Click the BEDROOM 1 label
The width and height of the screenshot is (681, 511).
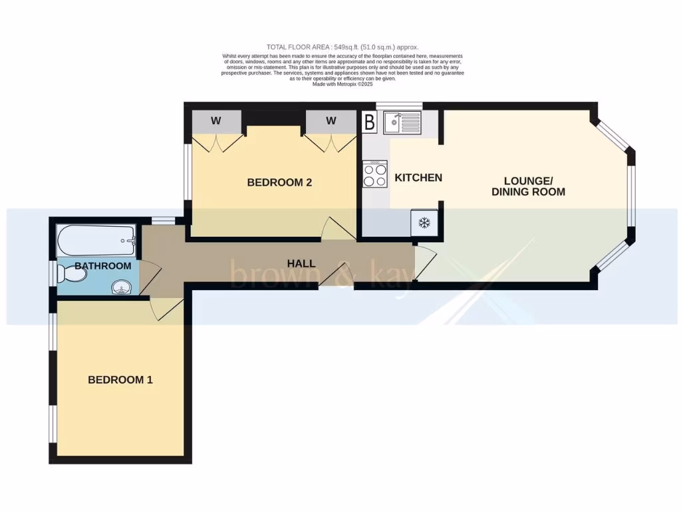tap(120, 380)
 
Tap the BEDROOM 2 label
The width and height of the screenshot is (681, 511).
tap(279, 182)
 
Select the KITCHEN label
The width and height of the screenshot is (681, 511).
tap(418, 178)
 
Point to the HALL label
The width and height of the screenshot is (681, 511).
tap(301, 263)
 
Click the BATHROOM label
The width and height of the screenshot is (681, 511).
tap(102, 266)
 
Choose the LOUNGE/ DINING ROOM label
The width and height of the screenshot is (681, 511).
tap(528, 186)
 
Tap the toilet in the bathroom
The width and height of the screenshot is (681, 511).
tap(72, 273)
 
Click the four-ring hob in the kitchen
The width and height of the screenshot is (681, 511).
tap(375, 174)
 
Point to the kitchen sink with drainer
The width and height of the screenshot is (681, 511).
tap(402, 122)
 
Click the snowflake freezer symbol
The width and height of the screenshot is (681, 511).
tap(424, 223)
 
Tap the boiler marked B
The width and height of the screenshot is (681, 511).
tap(369, 122)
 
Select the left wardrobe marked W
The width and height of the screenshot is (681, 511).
tap(215, 121)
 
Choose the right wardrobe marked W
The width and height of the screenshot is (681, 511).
tap(331, 121)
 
